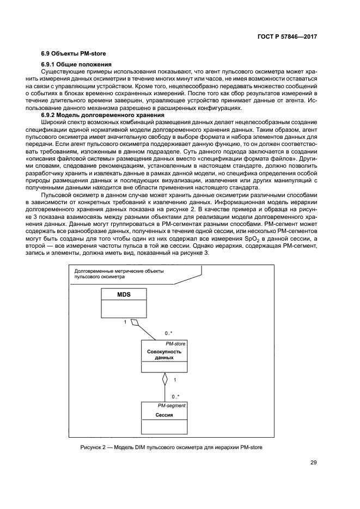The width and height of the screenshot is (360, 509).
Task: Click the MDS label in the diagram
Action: coord(124,295)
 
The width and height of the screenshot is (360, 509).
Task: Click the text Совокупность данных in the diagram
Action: coord(164,355)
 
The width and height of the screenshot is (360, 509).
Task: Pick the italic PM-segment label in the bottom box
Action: coord(172,406)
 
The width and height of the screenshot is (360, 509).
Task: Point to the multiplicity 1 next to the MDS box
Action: coord(125,322)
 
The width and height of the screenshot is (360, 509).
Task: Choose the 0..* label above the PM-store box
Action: coord(168,333)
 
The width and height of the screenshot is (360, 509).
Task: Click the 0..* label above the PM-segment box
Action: coord(175,396)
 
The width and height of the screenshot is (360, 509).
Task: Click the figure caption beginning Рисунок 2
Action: coord(172,448)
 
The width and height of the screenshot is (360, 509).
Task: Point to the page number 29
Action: coord(313,463)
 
